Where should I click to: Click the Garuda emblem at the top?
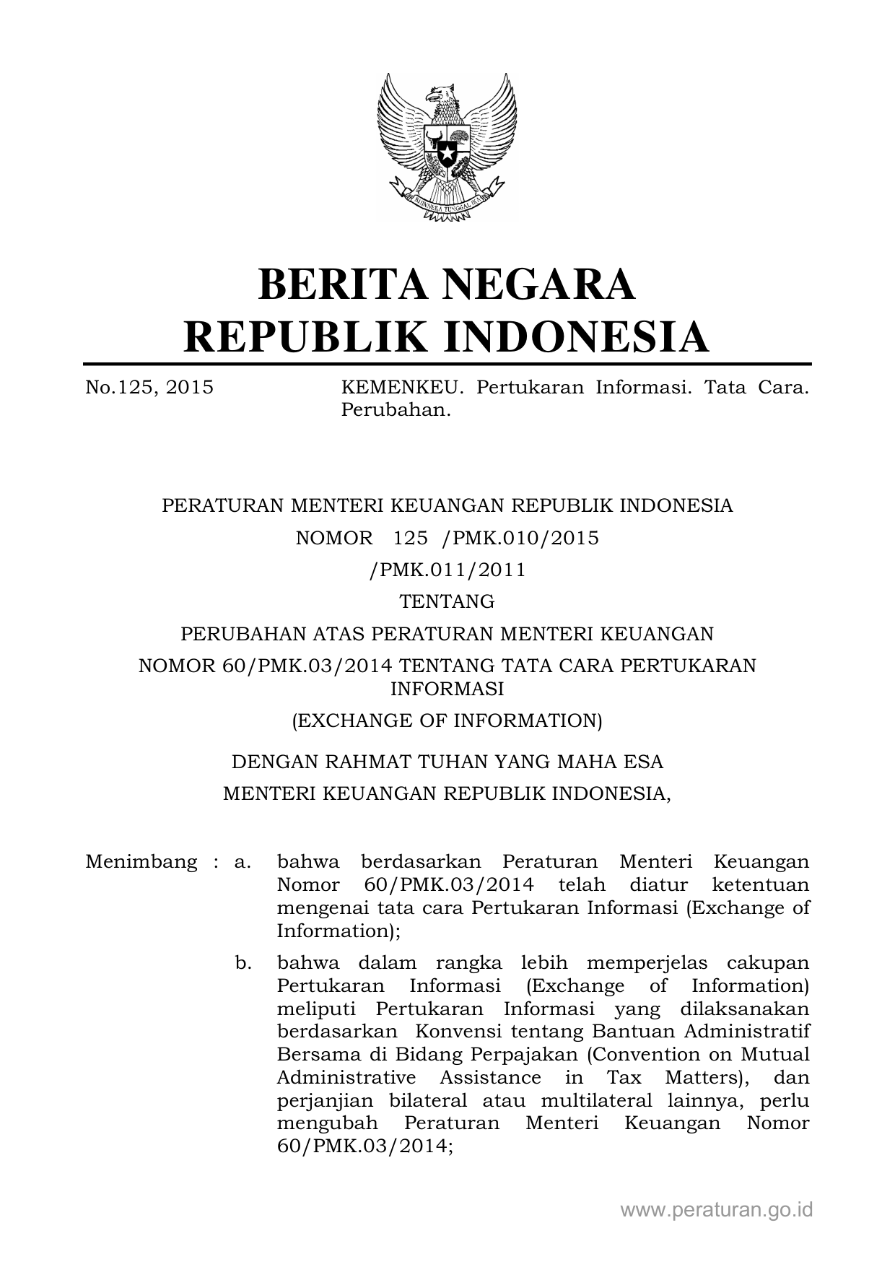pos(447,145)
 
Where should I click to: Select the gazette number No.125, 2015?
pos(149,388)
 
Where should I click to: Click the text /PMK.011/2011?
pos(447,570)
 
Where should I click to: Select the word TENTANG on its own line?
pos(447,601)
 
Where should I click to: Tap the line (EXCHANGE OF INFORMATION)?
pos(447,720)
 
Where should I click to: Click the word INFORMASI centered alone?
pos(447,689)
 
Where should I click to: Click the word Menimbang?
pos(141,862)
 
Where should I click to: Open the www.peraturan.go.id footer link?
pos(717,1209)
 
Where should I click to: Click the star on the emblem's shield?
pos(447,154)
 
